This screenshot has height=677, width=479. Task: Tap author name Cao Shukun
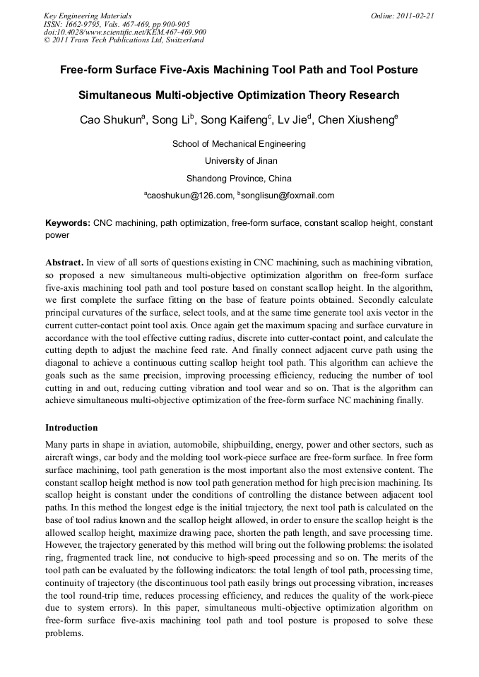coord(110,120)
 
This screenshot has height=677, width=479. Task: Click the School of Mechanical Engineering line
coord(239,144)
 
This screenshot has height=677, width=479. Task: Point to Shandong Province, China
coord(239,178)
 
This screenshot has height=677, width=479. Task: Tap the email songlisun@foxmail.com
coord(288,196)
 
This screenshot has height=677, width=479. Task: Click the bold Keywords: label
coord(68,223)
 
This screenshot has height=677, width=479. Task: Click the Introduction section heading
coord(71,428)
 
